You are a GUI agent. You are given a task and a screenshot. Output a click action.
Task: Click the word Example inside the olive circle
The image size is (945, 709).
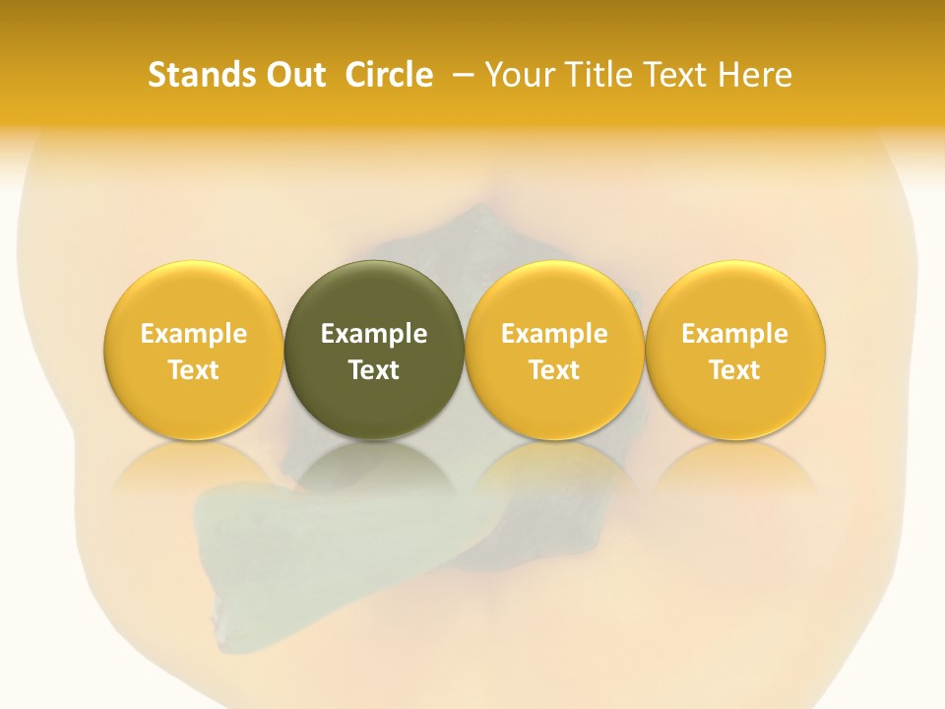374,334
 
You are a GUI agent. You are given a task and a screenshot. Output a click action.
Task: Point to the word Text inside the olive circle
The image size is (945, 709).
374,370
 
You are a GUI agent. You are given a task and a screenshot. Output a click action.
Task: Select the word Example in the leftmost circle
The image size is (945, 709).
194,334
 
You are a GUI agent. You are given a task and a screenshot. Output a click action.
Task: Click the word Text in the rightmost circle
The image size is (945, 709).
735,370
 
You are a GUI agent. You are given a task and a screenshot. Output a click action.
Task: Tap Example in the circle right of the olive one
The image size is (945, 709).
554,334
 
